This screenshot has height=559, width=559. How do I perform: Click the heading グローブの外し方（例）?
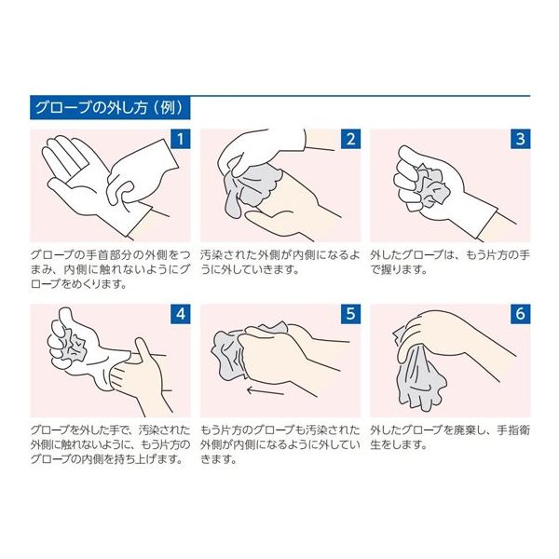click(x=109, y=108)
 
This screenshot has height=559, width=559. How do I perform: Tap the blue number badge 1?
click(x=181, y=139)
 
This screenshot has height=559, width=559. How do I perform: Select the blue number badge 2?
click(x=351, y=139)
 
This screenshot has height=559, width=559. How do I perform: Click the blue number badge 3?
click(x=521, y=139)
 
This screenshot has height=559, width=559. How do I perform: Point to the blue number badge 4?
click(x=181, y=314)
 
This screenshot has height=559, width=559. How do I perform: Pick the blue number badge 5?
click(x=351, y=314)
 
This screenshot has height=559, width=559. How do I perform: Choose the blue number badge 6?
click(x=521, y=314)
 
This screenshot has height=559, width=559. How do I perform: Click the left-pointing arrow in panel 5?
click(x=266, y=391)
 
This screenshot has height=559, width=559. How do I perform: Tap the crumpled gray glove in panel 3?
click(x=430, y=187)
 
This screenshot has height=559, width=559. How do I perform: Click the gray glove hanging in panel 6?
click(x=421, y=378)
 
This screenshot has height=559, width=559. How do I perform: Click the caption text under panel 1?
click(x=111, y=269)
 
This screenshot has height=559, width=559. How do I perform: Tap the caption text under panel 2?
click(x=280, y=263)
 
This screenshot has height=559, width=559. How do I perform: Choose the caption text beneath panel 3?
click(x=450, y=263)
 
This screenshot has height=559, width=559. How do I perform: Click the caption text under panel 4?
click(x=111, y=445)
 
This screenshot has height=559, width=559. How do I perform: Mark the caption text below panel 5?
click(x=280, y=445)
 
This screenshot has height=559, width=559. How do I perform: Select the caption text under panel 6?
click(x=450, y=438)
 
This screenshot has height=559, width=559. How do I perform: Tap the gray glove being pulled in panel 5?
click(x=232, y=353)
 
